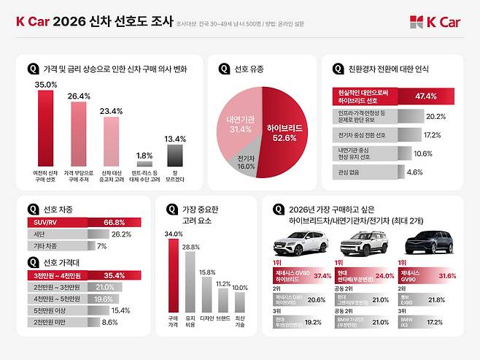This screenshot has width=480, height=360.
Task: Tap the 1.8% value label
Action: (x=144, y=155)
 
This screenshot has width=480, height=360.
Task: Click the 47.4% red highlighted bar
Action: (x=393, y=96)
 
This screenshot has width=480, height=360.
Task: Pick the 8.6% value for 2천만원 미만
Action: (x=109, y=321)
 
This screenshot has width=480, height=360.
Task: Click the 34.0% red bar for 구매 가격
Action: (x=174, y=275)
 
